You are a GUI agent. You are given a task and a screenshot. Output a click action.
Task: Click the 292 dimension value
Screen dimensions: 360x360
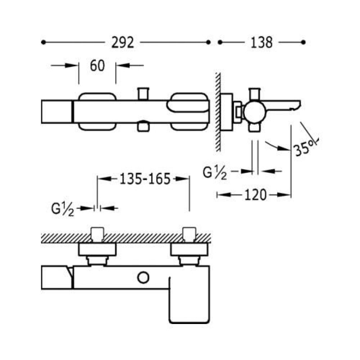122,42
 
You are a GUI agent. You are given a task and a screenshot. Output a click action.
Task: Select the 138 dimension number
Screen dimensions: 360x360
261,42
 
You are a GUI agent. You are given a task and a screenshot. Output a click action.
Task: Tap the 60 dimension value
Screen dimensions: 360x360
97,66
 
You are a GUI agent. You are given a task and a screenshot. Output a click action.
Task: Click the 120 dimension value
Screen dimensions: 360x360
255,195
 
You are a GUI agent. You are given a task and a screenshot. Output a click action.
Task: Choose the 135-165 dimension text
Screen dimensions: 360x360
145,179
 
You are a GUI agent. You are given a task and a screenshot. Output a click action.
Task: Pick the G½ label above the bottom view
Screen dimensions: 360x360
63,209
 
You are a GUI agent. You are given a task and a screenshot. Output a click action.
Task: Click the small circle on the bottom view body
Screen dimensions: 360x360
143,278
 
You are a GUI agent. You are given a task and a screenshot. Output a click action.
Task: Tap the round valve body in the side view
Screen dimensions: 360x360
254,113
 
